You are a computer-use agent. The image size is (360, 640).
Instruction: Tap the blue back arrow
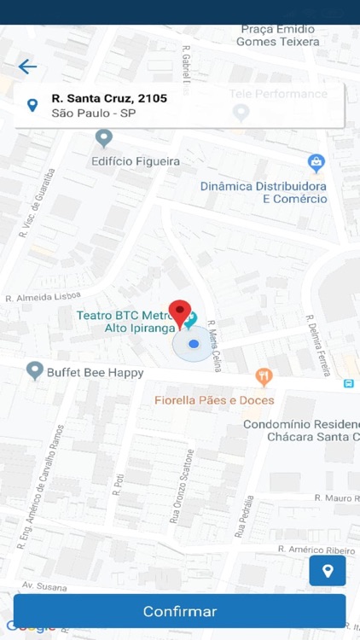(x=27, y=67)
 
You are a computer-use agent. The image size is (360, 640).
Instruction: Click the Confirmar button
(x=180, y=611)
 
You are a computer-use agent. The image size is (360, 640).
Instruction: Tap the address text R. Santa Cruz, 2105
(x=109, y=98)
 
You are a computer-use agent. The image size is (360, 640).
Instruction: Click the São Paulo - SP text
(x=94, y=113)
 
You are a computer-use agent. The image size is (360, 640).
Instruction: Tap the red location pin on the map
(x=179, y=312)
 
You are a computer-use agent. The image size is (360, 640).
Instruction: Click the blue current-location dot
(x=194, y=344)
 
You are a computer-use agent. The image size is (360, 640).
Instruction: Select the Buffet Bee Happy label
(x=95, y=373)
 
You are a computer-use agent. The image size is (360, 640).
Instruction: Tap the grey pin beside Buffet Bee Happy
(x=35, y=370)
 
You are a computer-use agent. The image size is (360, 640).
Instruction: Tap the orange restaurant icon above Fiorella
(x=264, y=375)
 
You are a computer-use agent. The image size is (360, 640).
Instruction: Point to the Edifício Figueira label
(x=136, y=160)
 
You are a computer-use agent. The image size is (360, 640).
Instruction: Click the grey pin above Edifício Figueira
(x=104, y=137)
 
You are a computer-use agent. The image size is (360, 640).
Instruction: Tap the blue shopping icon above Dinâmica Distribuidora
(x=316, y=162)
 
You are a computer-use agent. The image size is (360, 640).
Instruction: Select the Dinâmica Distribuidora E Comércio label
(x=264, y=192)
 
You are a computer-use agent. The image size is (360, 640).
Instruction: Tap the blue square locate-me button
(x=328, y=571)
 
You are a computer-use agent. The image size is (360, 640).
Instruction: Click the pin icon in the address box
(x=32, y=106)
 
